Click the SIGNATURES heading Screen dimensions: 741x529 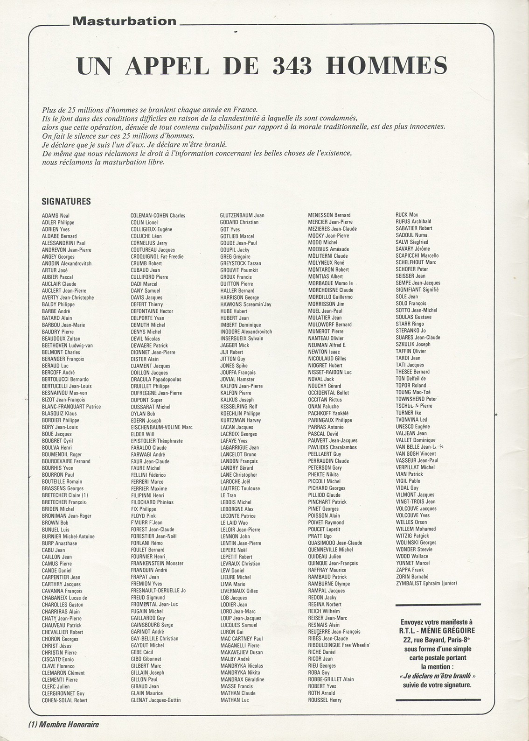tap(66, 202)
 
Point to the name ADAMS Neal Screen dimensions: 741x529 tap(56, 216)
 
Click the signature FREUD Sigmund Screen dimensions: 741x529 tap(148, 598)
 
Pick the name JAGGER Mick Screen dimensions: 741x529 tap(235, 345)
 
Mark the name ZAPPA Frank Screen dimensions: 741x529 tap(410, 570)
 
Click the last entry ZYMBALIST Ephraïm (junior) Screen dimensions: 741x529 tap(426, 583)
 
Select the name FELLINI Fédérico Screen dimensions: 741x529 tap(148, 475)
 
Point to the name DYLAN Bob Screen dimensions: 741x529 tap(143, 414)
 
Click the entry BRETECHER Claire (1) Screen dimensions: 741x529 tap(65, 495)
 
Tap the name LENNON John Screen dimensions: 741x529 tap(235, 536)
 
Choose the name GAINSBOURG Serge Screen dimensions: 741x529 tap(152, 625)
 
